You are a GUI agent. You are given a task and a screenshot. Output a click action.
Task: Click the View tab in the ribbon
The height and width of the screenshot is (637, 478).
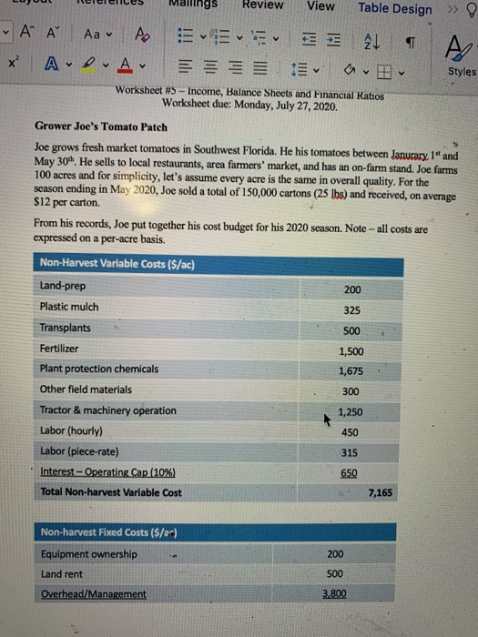[320, 6]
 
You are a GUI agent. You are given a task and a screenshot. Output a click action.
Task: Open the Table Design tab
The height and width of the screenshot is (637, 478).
[395, 8]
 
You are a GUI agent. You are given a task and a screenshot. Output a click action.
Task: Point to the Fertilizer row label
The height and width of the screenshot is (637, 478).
[59, 349]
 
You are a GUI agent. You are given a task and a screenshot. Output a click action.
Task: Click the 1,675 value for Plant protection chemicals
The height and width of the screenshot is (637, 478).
[351, 370]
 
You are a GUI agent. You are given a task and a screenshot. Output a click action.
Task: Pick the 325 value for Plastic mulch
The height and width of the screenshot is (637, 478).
[352, 309]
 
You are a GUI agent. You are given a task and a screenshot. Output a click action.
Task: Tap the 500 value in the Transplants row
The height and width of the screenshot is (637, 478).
[352, 329]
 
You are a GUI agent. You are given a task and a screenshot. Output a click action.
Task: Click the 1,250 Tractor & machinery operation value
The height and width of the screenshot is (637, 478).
[351, 412]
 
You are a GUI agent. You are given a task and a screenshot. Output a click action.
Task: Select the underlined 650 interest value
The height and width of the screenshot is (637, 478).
[349, 473]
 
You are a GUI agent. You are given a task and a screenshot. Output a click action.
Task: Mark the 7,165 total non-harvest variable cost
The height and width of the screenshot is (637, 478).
[381, 493]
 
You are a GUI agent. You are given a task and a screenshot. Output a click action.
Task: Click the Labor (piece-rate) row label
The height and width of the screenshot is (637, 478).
[82, 451]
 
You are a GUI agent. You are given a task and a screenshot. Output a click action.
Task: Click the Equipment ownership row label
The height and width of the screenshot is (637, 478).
[89, 553]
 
